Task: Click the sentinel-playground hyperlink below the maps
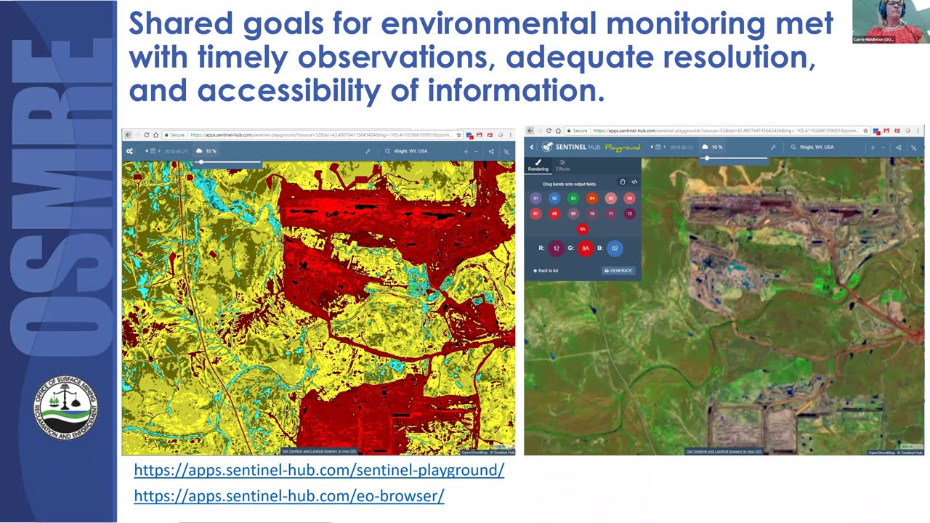(319, 470)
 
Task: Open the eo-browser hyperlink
(289, 496)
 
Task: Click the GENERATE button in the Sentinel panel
(618, 270)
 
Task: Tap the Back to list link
(546, 270)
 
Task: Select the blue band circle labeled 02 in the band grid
(554, 198)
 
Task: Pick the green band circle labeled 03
(573, 198)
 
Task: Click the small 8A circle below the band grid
(583, 229)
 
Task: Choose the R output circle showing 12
(557, 248)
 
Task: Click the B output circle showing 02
(615, 248)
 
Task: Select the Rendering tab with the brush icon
(538, 166)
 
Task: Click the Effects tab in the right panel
(563, 166)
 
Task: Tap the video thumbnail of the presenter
(890, 22)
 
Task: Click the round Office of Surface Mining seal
(65, 407)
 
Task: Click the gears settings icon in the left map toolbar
(129, 151)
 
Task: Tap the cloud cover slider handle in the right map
(706, 158)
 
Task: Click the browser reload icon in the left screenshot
(147, 135)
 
